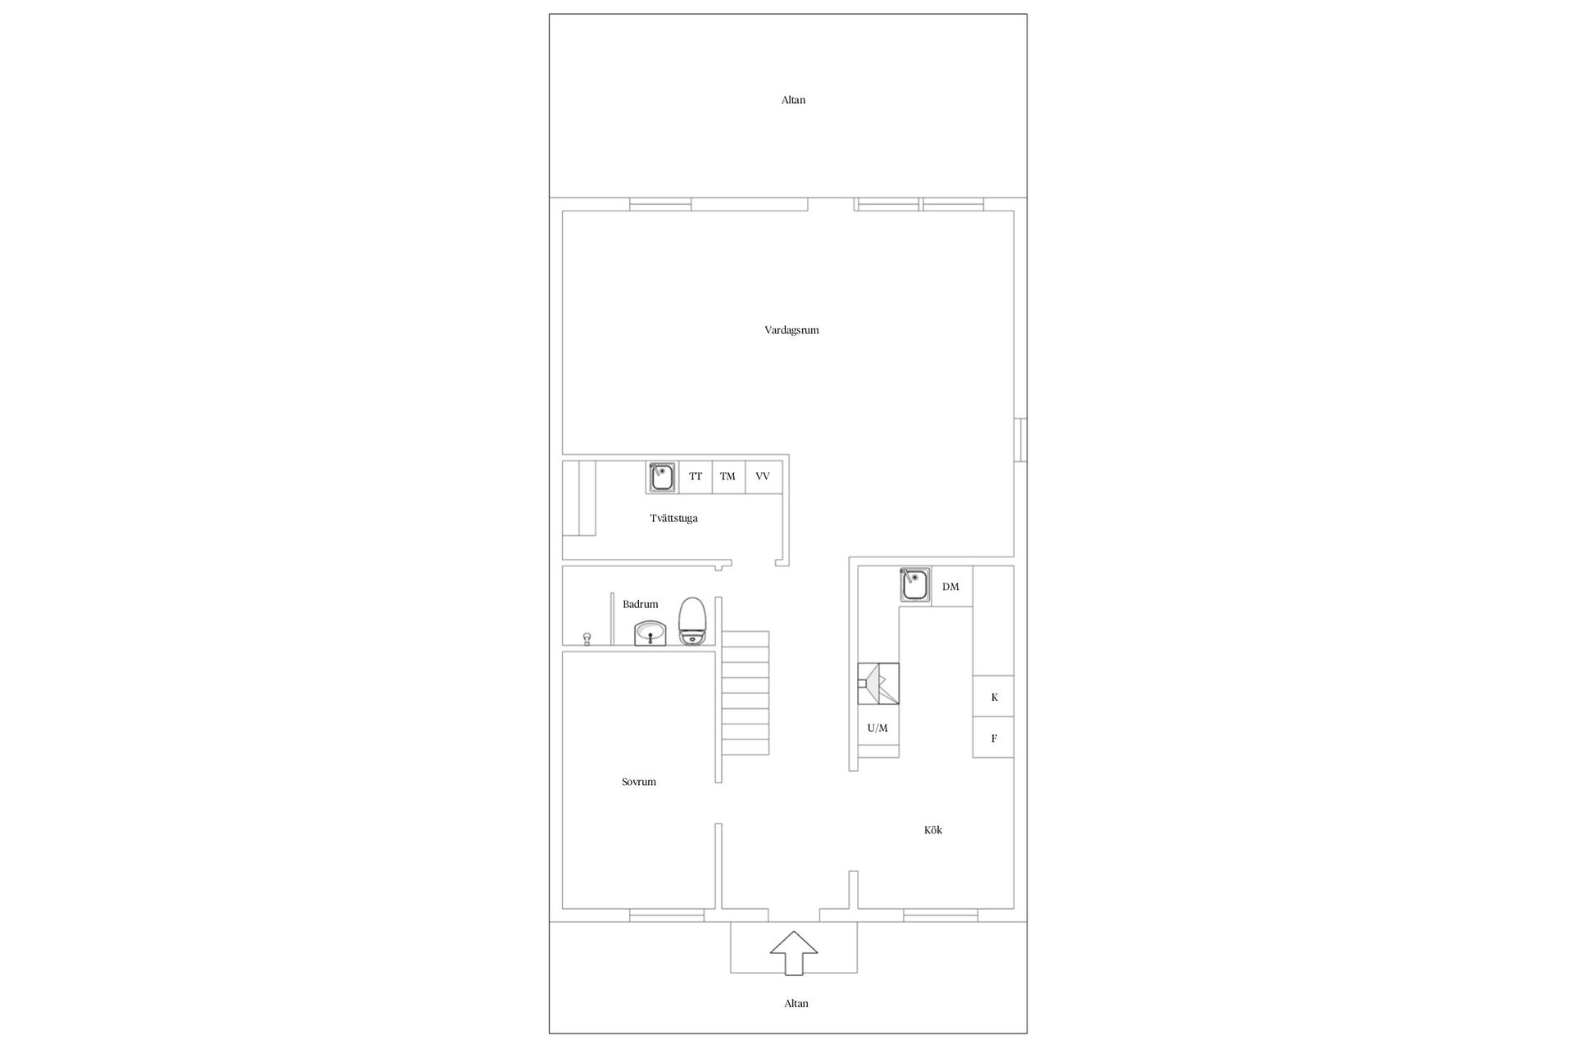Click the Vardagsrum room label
(791, 330)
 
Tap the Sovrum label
(638, 782)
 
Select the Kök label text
(933, 830)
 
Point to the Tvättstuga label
(673, 519)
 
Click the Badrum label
(640, 605)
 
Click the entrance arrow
(793, 952)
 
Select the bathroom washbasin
(651, 633)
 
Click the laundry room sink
(662, 477)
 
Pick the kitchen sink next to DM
(915, 586)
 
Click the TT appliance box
(696, 477)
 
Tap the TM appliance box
(728, 477)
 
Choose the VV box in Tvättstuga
(764, 477)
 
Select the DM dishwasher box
(951, 587)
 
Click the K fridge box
(993, 697)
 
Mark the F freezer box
(993, 738)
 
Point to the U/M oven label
(877, 728)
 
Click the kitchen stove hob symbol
(878, 683)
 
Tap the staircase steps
(746, 693)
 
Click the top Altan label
(793, 100)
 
